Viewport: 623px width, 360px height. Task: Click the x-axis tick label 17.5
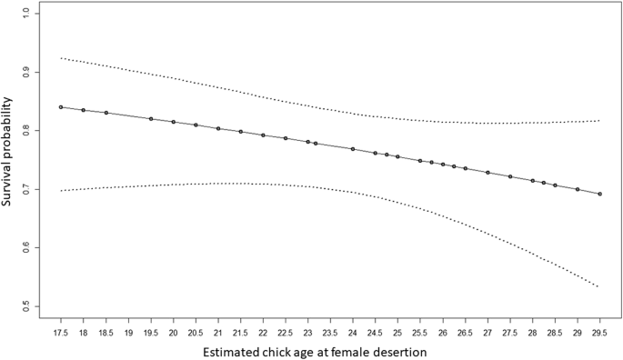click(x=61, y=322)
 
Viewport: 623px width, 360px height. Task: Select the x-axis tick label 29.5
click(x=599, y=322)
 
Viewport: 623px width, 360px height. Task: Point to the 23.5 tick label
click(x=330, y=322)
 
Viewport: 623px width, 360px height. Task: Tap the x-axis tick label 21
click(x=218, y=322)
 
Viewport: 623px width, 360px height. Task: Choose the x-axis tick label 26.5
click(x=465, y=322)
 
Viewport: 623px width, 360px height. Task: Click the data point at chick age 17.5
click(x=61, y=107)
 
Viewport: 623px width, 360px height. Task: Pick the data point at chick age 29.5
click(x=599, y=194)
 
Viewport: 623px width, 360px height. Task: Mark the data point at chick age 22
click(x=263, y=135)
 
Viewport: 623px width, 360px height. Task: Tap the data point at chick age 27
click(x=487, y=172)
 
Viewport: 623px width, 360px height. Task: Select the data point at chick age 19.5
click(x=151, y=119)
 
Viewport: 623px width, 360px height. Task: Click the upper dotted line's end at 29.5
click(x=599, y=121)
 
